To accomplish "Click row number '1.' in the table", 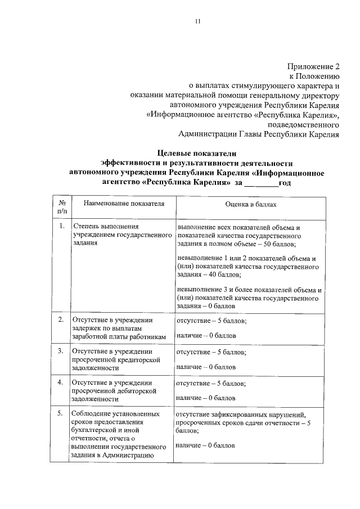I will [x=62, y=226].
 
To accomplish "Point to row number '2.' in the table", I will [x=62, y=319].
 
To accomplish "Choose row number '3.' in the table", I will [x=62, y=351].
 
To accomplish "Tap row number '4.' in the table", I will [x=62, y=382].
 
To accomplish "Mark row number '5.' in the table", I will [x=62, y=414].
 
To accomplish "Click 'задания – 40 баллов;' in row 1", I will [x=208, y=274].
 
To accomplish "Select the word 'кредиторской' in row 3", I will [x=139, y=359].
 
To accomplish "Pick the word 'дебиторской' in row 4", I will [x=137, y=390].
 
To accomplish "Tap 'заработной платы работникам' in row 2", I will [x=119, y=336].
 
